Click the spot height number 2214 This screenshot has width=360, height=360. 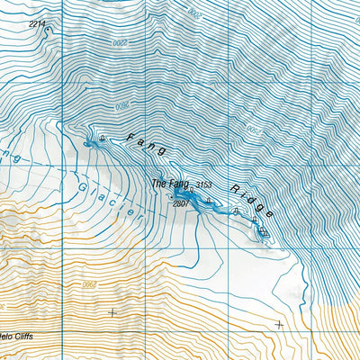(x=36, y=22)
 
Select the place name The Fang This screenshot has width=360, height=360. (x=169, y=184)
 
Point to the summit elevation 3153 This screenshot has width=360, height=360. (x=205, y=185)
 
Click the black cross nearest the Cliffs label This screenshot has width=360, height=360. (x=112, y=312)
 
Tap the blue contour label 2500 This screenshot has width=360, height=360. (x=253, y=130)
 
